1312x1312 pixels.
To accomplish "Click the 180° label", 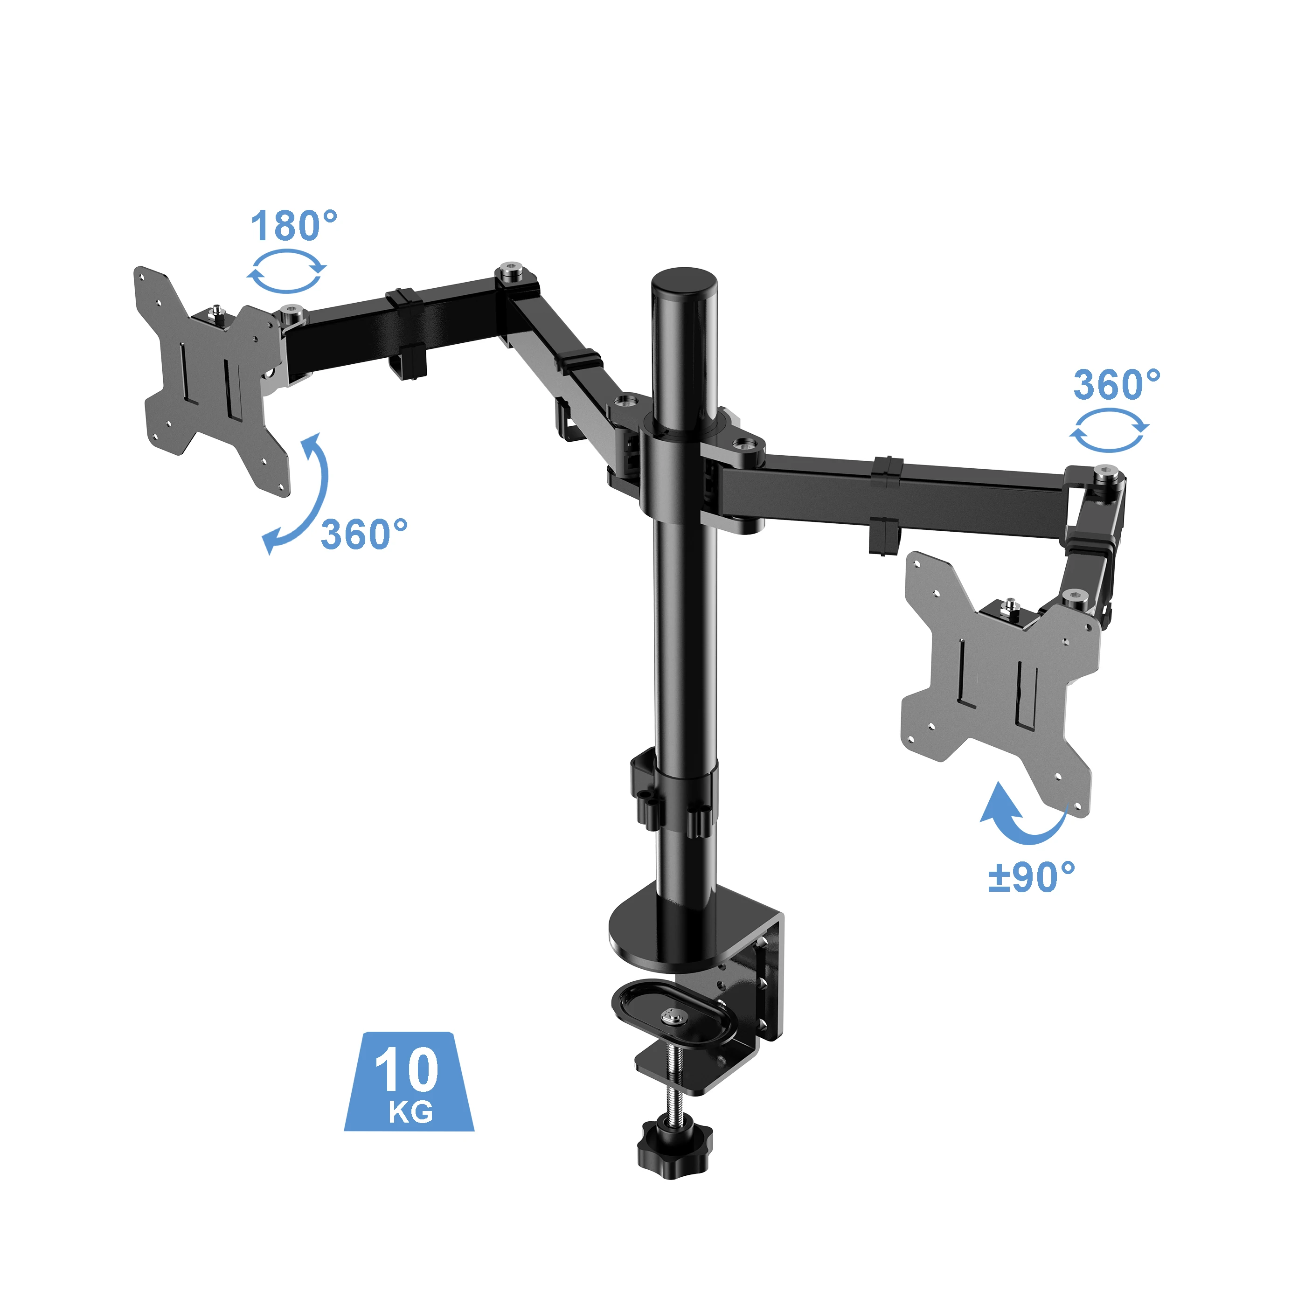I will [x=293, y=226].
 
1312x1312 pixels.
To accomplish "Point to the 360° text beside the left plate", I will [x=364, y=535].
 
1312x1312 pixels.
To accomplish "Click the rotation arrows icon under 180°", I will [x=286, y=271].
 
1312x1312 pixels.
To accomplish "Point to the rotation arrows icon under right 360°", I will [x=1109, y=430].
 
